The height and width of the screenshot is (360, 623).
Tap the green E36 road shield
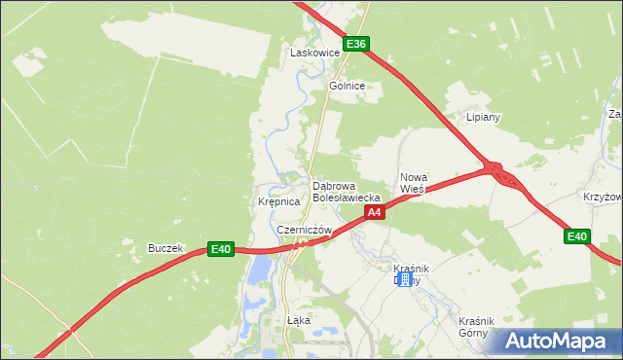pos(356,44)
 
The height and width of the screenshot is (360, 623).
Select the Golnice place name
pos(347,86)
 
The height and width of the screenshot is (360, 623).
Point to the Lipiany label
pos(483,117)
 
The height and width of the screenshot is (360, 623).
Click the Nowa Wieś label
pos(414,183)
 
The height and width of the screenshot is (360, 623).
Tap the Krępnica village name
pos(277,202)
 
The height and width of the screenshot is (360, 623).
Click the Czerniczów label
pos(304,230)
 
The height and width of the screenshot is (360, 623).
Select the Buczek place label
pos(165,248)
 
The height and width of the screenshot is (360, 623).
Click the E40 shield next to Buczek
pos(222,249)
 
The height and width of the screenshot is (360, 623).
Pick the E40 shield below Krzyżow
pos(577,236)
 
